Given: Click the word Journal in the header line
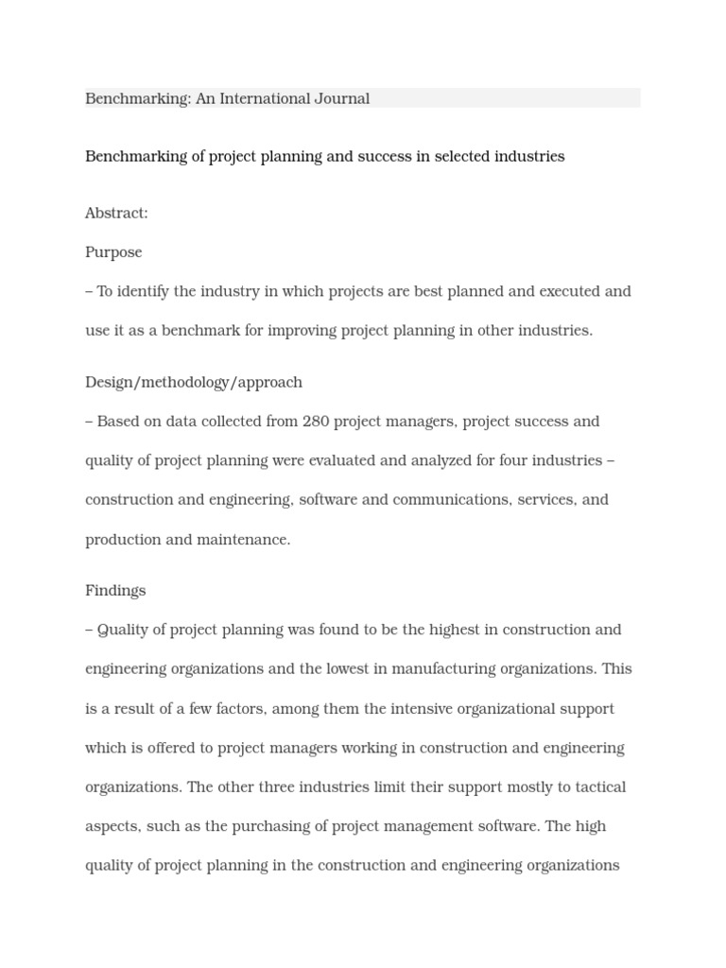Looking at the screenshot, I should (341, 98).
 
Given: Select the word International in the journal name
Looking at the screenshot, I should (264, 98).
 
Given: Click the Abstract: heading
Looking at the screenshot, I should (116, 214).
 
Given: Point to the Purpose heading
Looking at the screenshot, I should (113, 252).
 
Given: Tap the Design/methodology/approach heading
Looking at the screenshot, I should (194, 383).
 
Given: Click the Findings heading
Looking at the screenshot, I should (115, 591).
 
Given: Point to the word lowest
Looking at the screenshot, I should (344, 669).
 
